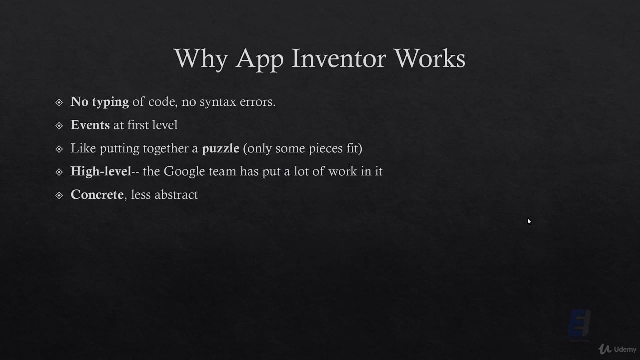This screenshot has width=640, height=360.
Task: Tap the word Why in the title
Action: coord(200,59)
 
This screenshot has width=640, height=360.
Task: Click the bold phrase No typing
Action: coord(100,102)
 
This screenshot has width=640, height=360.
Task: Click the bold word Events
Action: coord(90,125)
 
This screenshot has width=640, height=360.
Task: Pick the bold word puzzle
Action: coord(220,148)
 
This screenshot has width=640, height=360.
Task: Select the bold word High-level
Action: coord(101,171)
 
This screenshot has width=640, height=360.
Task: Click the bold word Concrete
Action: coord(97,194)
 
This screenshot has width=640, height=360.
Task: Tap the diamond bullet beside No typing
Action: coord(59,102)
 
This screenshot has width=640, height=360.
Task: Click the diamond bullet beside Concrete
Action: coord(59,195)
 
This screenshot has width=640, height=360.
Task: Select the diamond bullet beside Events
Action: coord(59,125)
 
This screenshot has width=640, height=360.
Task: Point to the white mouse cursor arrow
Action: coord(529,221)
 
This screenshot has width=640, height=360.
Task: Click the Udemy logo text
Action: coord(625,349)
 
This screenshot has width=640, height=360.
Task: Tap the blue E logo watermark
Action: coord(580,324)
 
